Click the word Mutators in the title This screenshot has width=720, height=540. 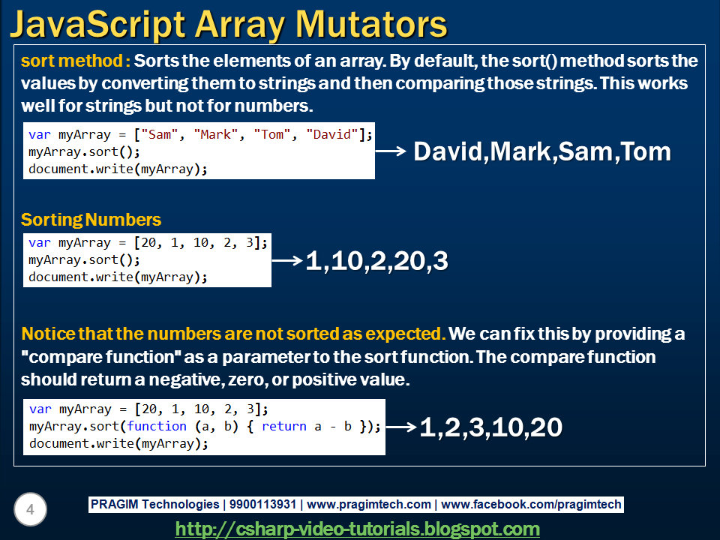coord(371,25)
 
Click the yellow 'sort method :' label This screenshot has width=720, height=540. coord(76,61)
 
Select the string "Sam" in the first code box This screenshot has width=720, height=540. coord(159,134)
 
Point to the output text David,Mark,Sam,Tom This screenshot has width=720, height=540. coord(542,152)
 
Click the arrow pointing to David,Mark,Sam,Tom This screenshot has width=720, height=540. coord(391,151)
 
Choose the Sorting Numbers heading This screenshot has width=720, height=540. coord(91,220)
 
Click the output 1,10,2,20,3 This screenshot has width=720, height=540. coord(376,261)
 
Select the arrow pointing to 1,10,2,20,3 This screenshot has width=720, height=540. coord(287,260)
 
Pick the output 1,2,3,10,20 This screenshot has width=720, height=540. coord(490,427)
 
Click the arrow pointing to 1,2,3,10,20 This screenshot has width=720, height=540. coord(401,427)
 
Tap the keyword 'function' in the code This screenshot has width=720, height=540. coord(157,426)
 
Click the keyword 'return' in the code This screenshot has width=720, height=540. coord(283,426)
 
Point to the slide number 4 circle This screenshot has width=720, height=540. coord(30,509)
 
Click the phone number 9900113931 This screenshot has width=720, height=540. coord(262,504)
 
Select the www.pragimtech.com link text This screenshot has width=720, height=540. coord(369,504)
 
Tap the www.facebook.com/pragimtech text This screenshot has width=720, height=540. coord(531,504)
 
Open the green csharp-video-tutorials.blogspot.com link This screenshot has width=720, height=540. coord(357,529)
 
